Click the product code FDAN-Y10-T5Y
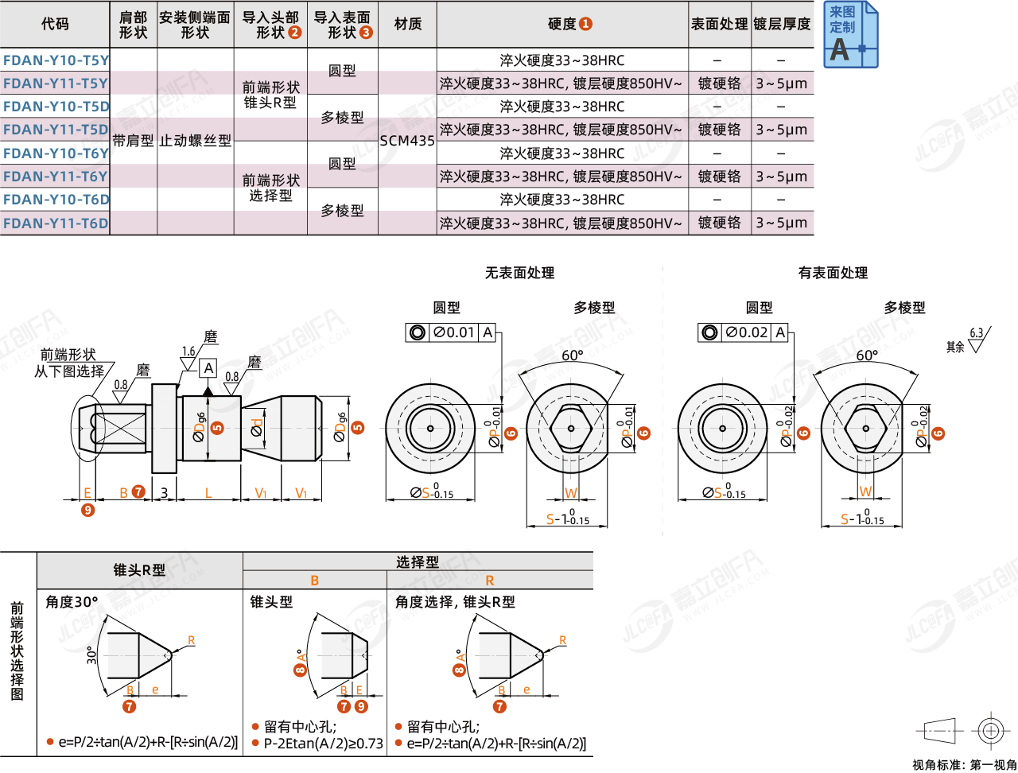(x=56, y=60)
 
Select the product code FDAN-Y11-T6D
(x=56, y=223)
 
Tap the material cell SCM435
(x=407, y=141)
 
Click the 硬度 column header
(x=562, y=24)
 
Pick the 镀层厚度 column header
(x=782, y=24)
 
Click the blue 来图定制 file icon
(x=849, y=35)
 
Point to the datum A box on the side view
(x=208, y=367)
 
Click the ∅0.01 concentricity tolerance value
(x=454, y=332)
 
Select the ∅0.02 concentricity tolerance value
(x=747, y=332)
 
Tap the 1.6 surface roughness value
(x=188, y=352)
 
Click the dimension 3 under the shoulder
(x=164, y=493)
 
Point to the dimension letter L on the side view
(x=208, y=493)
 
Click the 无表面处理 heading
(x=519, y=273)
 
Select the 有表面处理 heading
(x=833, y=273)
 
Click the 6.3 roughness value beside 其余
(x=976, y=333)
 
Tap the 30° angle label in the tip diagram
(x=92, y=655)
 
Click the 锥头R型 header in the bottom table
(x=139, y=569)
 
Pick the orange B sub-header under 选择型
(x=315, y=581)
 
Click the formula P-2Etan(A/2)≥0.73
(x=324, y=744)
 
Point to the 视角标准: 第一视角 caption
(x=964, y=764)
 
